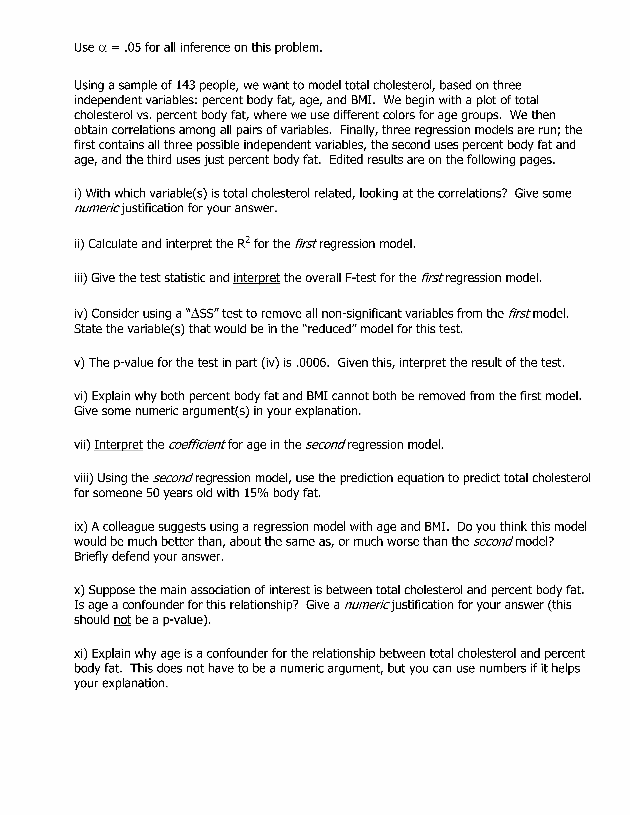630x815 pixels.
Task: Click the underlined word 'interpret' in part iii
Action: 257,278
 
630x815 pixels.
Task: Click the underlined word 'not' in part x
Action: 122,620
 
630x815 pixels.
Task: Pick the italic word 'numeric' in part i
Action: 96,208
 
